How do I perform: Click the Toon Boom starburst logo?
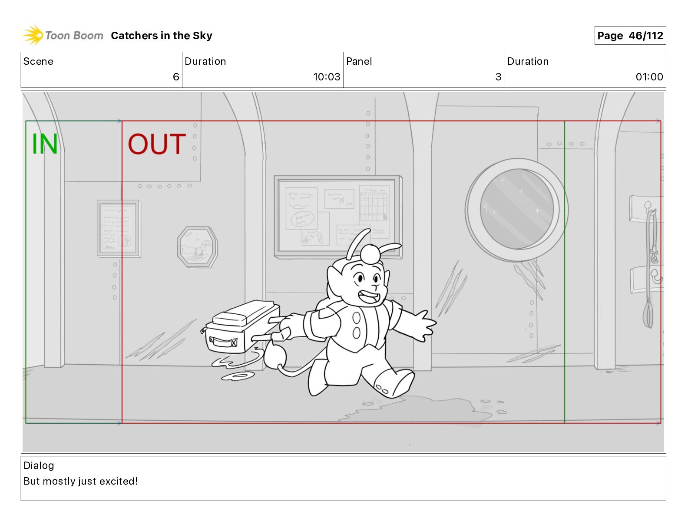[x=33, y=35]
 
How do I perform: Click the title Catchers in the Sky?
[x=162, y=36]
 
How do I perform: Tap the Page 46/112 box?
[x=630, y=36]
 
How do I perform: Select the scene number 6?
[x=176, y=76]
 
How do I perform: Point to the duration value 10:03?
[x=327, y=76]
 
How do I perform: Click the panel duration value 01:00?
[x=649, y=76]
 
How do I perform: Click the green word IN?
[x=45, y=144]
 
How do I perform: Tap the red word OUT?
[x=157, y=144]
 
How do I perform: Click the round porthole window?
[x=517, y=209]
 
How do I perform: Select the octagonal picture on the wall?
[x=197, y=247]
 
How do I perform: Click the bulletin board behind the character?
[x=338, y=217]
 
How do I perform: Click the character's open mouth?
[x=369, y=297]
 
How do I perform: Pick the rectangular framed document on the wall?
[x=119, y=229]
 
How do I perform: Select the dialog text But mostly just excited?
[x=81, y=481]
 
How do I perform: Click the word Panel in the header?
[x=359, y=61]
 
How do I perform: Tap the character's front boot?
[x=394, y=383]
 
